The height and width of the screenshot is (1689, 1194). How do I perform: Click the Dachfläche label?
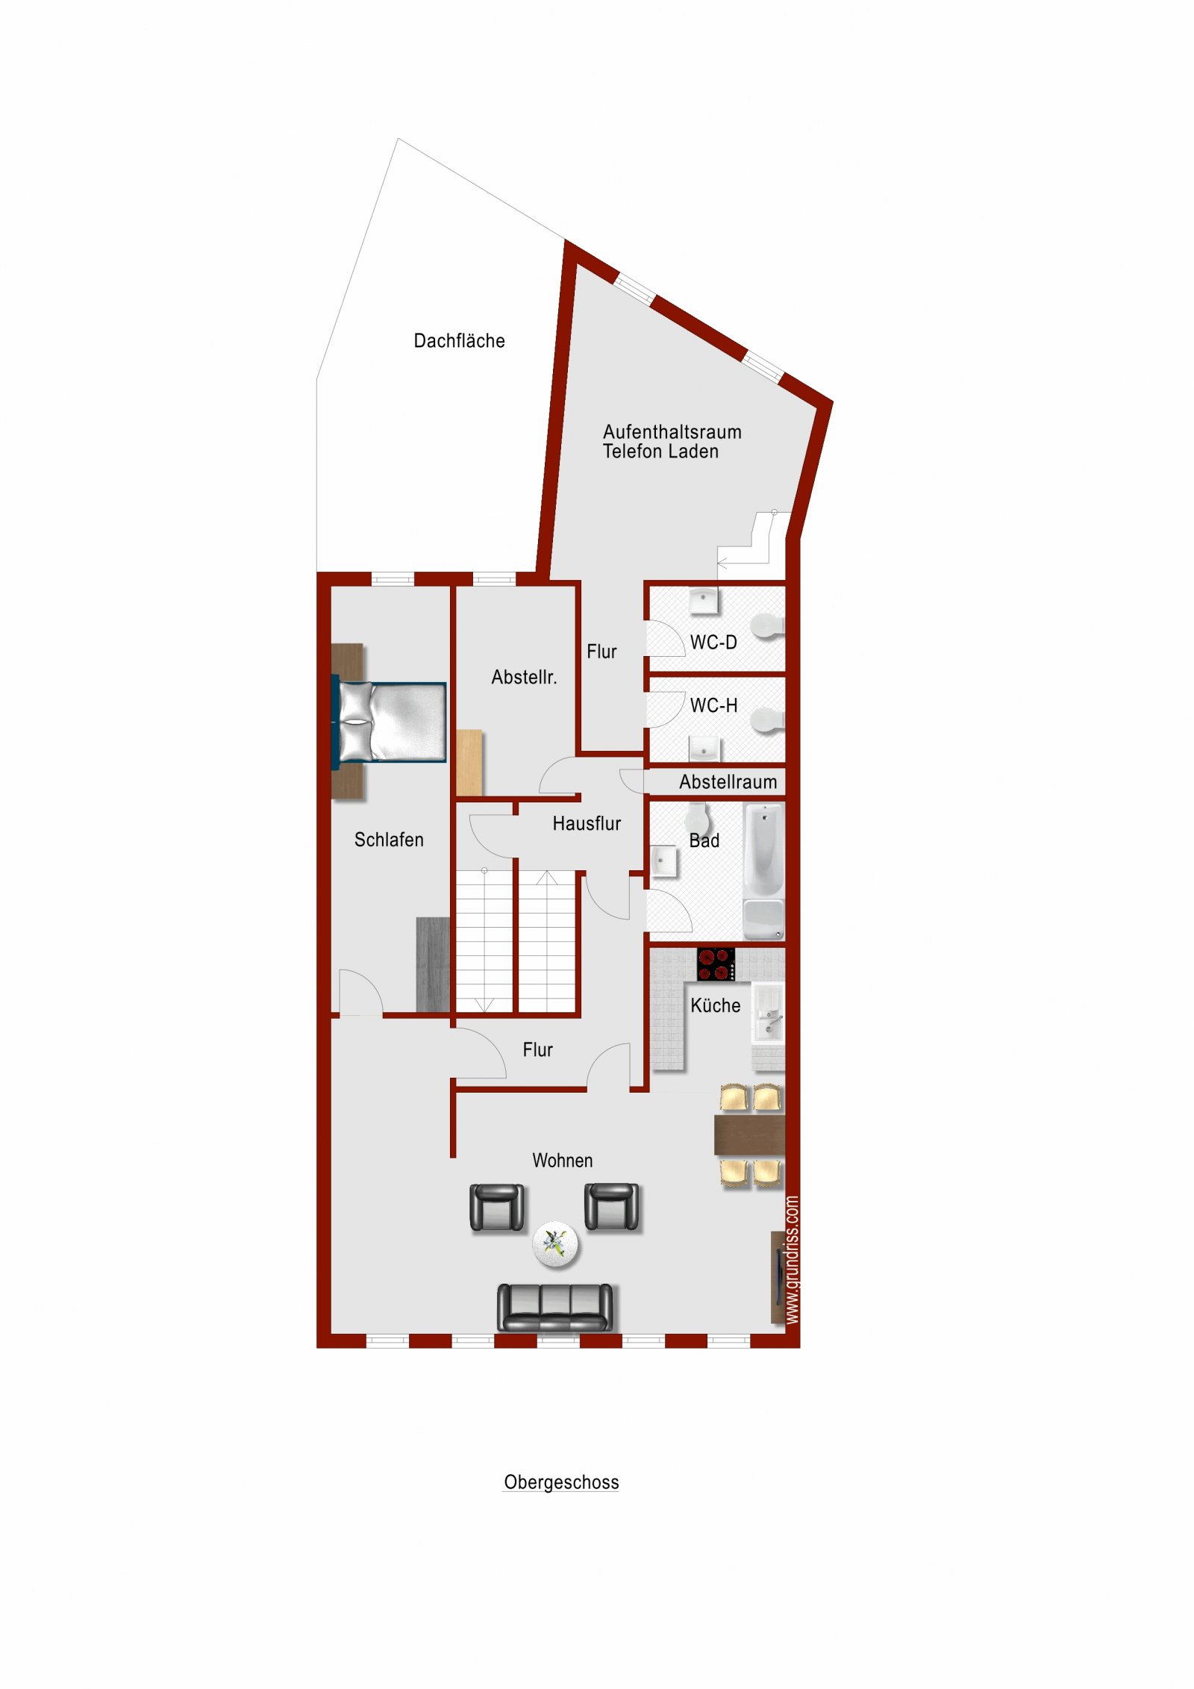pos(459,341)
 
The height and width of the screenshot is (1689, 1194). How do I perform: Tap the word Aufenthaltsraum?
pos(672,432)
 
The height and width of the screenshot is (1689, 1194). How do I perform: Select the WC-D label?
pos(713,643)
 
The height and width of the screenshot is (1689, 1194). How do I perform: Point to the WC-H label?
pos(713,706)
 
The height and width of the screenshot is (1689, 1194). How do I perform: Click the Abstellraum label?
pos(728,782)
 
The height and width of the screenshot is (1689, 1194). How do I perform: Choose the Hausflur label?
pos(587,824)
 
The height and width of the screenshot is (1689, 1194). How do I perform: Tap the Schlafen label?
pos(389,840)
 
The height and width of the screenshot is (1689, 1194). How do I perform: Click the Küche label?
pos(715,1005)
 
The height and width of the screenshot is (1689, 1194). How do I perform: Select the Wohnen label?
pos(563,1161)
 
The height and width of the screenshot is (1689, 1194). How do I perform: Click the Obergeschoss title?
pos(561,1482)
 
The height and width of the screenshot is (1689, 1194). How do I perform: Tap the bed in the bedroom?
pos(389,722)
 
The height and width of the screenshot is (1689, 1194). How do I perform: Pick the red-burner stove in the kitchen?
pos(716,964)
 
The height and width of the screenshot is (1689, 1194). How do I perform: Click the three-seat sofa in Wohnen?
pos(554,1307)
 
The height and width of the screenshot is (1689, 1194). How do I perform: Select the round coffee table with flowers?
pos(555,1244)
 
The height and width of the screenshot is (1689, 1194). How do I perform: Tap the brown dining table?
pos(749,1134)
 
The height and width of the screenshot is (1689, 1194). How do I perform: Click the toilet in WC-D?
pos(767,626)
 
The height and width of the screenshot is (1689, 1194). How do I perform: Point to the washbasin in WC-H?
pos(704,748)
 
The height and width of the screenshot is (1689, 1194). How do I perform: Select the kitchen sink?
pos(768,1013)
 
